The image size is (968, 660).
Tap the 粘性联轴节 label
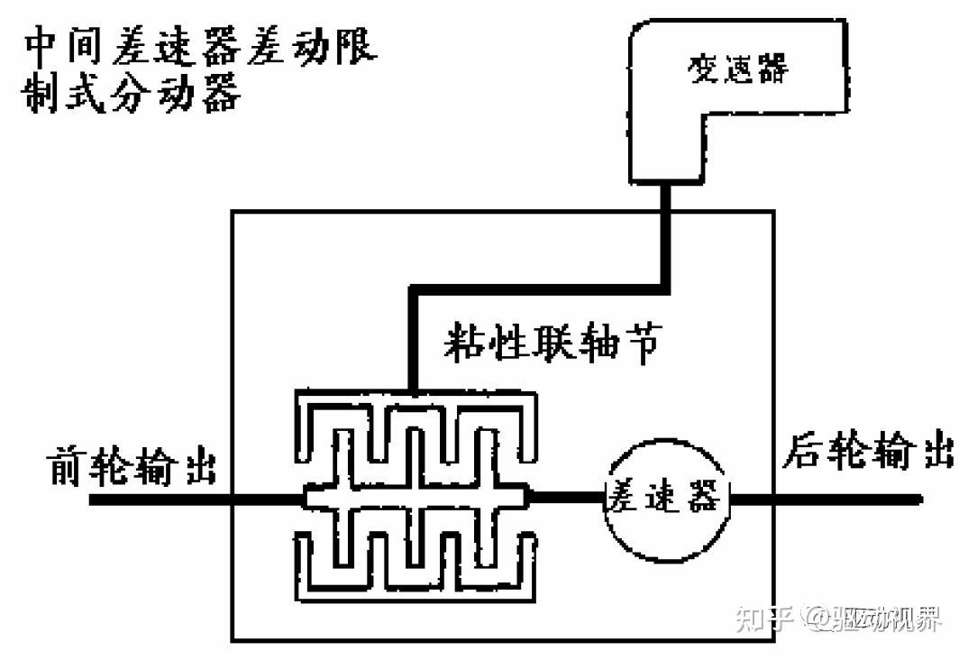coord(553,344)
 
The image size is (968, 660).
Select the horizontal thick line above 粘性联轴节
coord(541,288)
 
